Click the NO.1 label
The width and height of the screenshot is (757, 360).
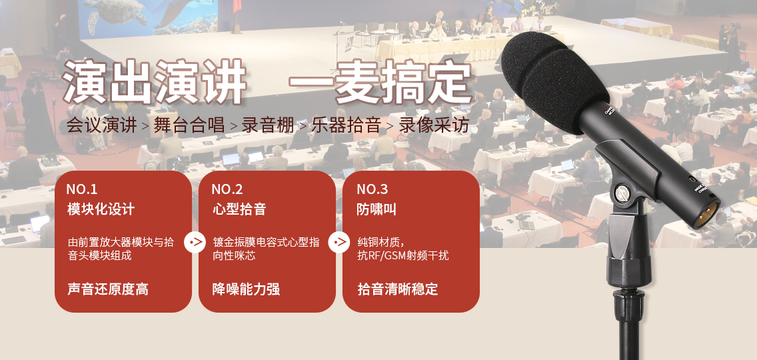tap(81, 189)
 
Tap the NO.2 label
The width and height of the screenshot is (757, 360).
tap(227, 189)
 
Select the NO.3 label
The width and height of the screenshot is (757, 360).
tap(373, 189)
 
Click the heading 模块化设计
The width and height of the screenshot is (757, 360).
tap(101, 209)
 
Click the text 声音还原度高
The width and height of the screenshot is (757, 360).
tap(108, 289)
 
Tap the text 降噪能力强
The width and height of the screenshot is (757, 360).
tap(246, 289)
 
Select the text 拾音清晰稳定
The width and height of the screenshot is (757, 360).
tap(397, 289)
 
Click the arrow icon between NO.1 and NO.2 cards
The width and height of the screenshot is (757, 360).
tap(195, 241)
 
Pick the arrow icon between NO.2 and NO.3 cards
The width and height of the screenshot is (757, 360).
tap(339, 241)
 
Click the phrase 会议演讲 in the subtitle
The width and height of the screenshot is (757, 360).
tap(101, 125)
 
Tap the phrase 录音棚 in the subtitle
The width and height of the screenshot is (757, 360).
tap(268, 125)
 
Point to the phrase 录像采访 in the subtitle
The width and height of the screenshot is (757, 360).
tap(434, 125)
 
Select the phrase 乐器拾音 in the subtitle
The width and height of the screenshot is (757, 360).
tap(346, 125)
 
